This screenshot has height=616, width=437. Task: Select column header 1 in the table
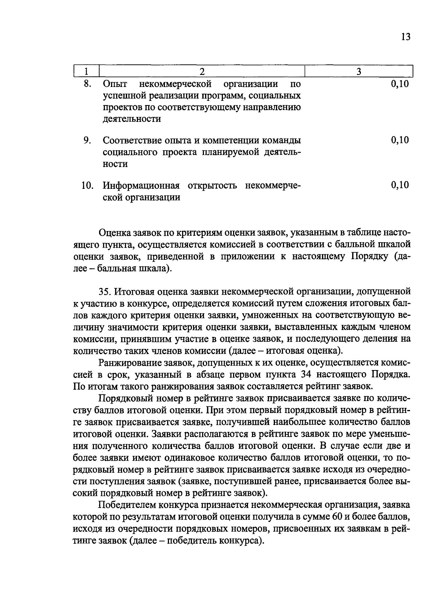(x=86, y=71)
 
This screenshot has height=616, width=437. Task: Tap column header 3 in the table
(x=358, y=71)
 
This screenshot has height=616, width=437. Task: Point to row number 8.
(x=87, y=84)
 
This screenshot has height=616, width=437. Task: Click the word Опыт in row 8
(x=115, y=84)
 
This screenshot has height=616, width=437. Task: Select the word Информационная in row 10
(x=141, y=186)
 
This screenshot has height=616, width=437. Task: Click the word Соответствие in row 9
(x=131, y=140)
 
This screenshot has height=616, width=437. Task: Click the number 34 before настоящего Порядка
(x=308, y=374)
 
